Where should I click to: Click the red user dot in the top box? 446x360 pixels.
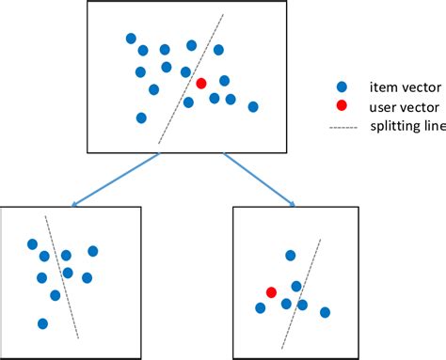tap(200, 84)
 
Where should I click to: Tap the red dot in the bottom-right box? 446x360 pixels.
tap(271, 292)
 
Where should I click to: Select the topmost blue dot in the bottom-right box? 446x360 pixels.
tap(291, 255)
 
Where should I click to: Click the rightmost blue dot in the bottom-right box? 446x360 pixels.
tap(325, 312)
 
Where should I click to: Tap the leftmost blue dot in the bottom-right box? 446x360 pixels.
tap(260, 307)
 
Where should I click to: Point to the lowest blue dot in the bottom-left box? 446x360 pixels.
tap(42, 323)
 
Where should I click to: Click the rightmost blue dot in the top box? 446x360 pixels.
tap(253, 107)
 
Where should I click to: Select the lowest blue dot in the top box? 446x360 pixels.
tap(141, 117)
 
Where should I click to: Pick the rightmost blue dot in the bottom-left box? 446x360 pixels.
tap(93, 251)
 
